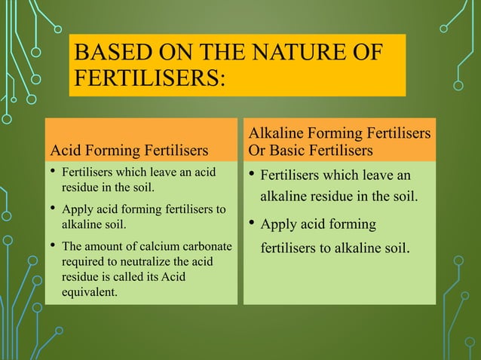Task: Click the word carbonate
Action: point(204,246)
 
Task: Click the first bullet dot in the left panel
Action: point(51,173)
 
